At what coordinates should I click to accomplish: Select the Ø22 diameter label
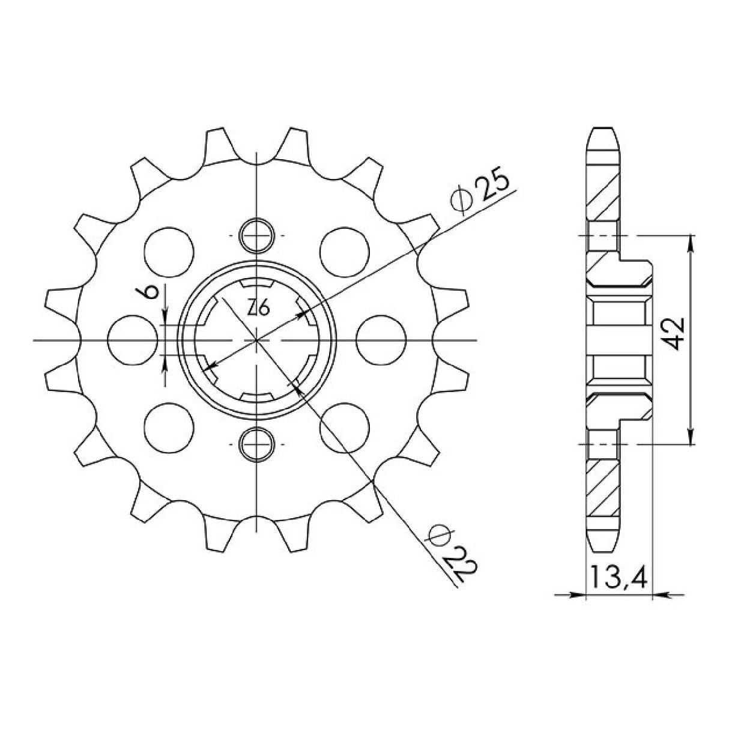454,552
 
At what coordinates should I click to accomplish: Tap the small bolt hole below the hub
257,444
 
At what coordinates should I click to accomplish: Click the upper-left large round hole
169,251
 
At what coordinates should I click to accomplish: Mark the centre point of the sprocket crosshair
257,340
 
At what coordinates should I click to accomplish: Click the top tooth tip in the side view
603,131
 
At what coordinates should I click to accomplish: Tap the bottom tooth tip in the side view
603,548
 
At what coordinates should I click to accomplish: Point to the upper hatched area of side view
603,198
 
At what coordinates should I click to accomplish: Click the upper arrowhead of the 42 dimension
691,241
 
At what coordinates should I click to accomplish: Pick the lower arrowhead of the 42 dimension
691,439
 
